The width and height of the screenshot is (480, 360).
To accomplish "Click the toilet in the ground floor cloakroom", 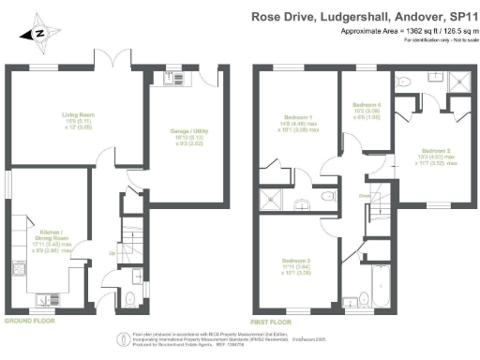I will point(128,298).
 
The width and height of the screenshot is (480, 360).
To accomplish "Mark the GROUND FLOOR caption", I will point(29,320).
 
